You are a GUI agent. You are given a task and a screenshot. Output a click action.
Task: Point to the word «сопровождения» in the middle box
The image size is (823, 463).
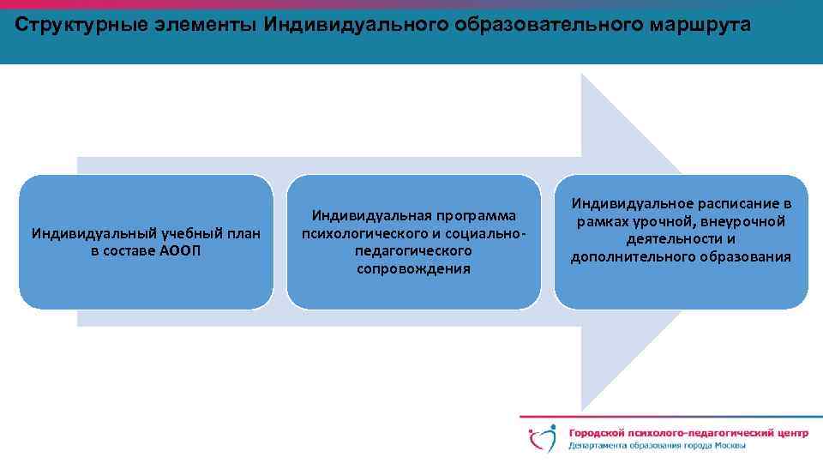(x=413, y=269)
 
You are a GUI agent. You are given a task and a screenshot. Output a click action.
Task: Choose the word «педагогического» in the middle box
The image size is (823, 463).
(x=413, y=251)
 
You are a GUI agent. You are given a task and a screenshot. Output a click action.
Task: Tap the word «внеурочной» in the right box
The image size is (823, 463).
(x=738, y=222)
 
